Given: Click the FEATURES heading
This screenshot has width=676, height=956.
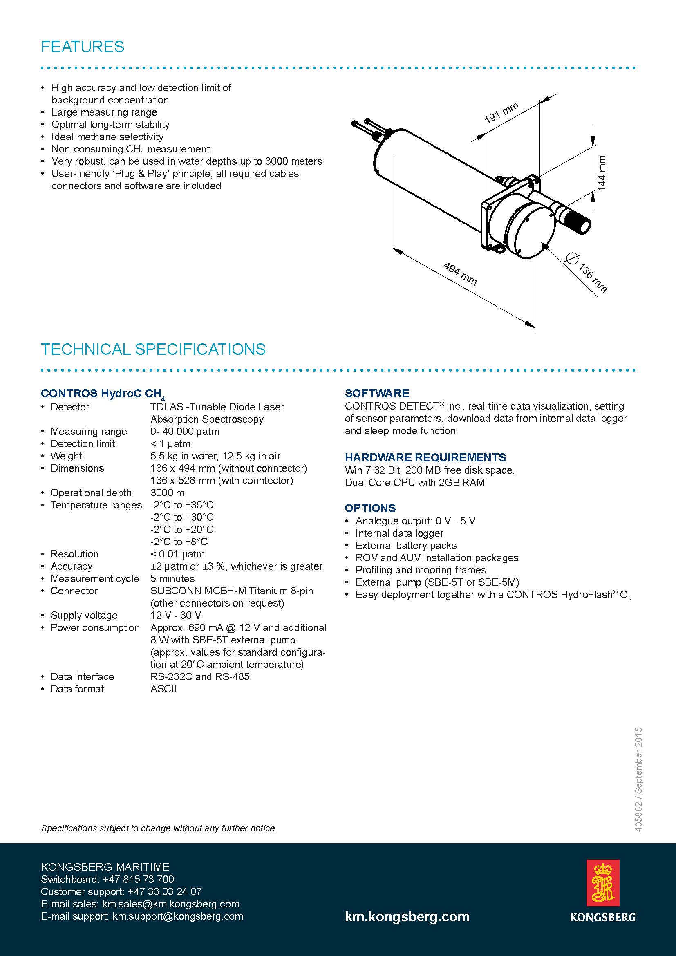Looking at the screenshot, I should pyautogui.click(x=83, y=47).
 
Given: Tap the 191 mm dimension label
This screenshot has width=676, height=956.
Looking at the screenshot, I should pyautogui.click(x=501, y=113).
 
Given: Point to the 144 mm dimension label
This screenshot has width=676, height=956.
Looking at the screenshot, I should pyautogui.click(x=602, y=173).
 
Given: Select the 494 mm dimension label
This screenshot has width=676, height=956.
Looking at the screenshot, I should pyautogui.click(x=459, y=273).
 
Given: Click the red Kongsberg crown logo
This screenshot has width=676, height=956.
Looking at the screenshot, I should pyautogui.click(x=602, y=882).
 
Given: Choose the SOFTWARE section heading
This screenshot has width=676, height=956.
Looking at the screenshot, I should pyautogui.click(x=377, y=393).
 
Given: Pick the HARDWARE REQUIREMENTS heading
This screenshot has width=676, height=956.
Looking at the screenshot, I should pyautogui.click(x=425, y=457).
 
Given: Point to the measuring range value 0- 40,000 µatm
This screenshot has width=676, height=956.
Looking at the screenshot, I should pyautogui.click(x=185, y=431).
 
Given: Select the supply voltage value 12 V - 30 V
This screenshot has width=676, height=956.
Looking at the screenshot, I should pyautogui.click(x=176, y=616).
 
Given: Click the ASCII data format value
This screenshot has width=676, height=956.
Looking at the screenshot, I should pyautogui.click(x=163, y=689).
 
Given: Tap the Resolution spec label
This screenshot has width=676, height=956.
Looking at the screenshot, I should pyautogui.click(x=74, y=554).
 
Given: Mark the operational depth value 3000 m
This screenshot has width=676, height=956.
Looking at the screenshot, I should pyautogui.click(x=167, y=493).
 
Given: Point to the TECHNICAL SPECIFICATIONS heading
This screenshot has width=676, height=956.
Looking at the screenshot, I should pyautogui.click(x=153, y=349).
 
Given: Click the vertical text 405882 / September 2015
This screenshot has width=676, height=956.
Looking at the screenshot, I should pyautogui.click(x=639, y=779).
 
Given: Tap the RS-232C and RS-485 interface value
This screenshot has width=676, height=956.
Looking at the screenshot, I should pyautogui.click(x=200, y=676).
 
